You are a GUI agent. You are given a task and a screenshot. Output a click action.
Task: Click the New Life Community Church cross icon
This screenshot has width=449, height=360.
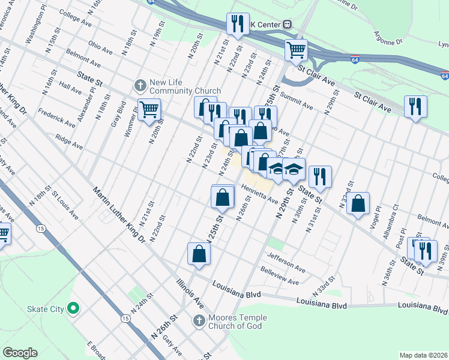140,85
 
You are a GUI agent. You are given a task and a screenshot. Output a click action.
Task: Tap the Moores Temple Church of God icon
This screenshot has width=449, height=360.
199,320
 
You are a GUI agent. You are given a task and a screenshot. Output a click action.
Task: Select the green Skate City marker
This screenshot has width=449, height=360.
73,309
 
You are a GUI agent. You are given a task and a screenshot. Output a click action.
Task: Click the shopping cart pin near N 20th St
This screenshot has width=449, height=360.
149,110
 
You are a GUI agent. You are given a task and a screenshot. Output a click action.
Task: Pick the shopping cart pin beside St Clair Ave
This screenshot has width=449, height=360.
296,50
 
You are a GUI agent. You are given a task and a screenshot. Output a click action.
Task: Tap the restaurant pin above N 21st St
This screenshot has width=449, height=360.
238,25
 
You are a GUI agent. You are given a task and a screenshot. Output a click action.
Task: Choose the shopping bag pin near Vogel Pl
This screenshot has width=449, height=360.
358,203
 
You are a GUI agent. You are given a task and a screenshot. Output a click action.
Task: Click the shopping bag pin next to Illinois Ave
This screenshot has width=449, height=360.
199,254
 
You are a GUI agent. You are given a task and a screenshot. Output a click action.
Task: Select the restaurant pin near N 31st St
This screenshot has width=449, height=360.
320,176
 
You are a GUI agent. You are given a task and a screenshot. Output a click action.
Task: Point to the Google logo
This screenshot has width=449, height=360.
20,353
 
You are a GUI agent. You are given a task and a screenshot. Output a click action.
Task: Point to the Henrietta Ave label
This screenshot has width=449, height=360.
260,193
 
